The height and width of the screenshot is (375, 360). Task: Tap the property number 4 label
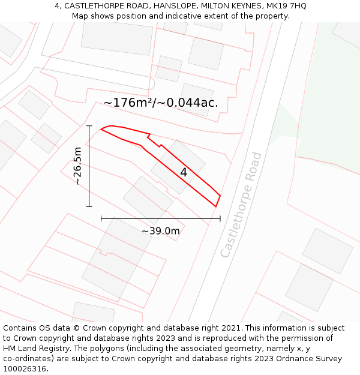[x=184, y=172]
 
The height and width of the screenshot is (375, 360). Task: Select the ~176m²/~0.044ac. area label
[x=161, y=103]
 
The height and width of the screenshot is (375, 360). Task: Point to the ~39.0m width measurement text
[x=161, y=231]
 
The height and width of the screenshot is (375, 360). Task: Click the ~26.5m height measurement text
[x=77, y=166]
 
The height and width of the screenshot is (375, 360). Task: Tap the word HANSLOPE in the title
[x=175, y=5]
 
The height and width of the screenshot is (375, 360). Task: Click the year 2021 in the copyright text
[x=230, y=328]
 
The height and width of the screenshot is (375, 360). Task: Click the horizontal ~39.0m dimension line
[x=161, y=219]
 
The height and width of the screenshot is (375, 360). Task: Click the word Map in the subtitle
[x=80, y=16]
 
